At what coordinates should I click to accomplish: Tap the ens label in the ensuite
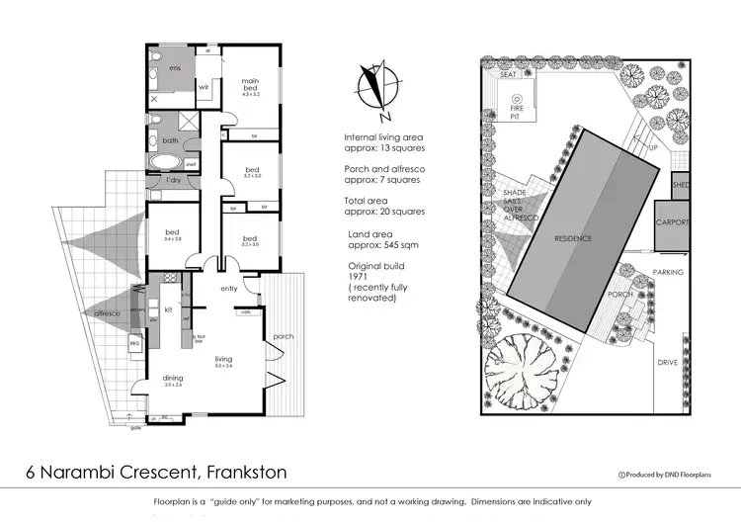pos(174,68)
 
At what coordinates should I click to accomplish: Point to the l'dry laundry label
pos(173,182)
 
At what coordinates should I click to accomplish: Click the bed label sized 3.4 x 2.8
pos(172,236)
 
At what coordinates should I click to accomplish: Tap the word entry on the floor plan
pos(230,289)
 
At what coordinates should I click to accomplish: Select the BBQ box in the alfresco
pos(136,343)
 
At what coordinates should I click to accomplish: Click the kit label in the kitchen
pos(169,309)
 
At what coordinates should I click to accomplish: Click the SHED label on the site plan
pos(681,185)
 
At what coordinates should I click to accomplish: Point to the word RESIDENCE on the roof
pos(573,239)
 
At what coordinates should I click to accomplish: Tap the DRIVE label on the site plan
pos(668,363)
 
